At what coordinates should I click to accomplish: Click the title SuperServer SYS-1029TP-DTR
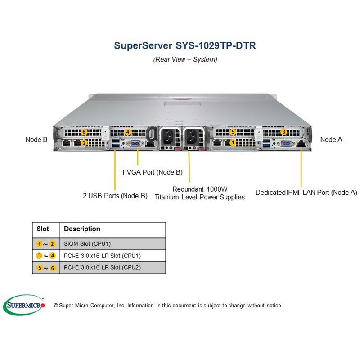click(185, 45)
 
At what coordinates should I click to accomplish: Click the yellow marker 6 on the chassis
click(84, 132)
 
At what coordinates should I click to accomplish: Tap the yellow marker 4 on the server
click(128, 132)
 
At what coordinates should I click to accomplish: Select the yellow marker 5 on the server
click(232, 132)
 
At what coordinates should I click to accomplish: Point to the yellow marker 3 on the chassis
click(283, 132)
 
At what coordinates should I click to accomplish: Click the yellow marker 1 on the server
click(232, 143)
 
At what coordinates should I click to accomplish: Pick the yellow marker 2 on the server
click(84, 143)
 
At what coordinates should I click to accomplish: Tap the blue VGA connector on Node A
click(285, 144)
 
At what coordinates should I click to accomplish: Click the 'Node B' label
click(36, 139)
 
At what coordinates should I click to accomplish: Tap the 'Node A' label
click(331, 139)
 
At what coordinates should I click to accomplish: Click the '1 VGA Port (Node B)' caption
click(152, 172)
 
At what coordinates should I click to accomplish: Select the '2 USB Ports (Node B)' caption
click(115, 196)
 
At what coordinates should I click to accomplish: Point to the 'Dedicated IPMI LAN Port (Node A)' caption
click(306, 192)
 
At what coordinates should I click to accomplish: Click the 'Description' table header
click(82, 229)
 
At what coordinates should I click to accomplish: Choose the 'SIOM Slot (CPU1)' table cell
click(87, 244)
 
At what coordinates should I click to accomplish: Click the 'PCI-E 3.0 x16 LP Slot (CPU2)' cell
click(103, 267)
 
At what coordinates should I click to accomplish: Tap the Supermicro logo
click(24, 306)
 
